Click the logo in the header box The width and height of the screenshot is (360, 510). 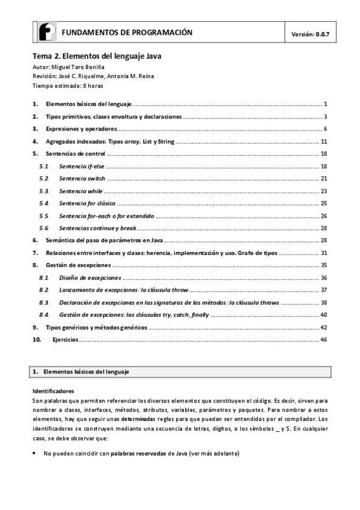click(x=47, y=32)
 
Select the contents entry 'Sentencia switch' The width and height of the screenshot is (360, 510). click(x=82, y=179)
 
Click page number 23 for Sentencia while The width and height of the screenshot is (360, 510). click(x=323, y=191)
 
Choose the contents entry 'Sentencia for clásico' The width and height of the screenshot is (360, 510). click(x=87, y=203)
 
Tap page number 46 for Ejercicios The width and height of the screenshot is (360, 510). click(x=323, y=340)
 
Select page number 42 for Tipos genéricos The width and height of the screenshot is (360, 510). click(x=323, y=327)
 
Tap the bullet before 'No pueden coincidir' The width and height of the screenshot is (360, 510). click(x=34, y=453)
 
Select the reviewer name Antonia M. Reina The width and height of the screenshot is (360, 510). click(x=123, y=76)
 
